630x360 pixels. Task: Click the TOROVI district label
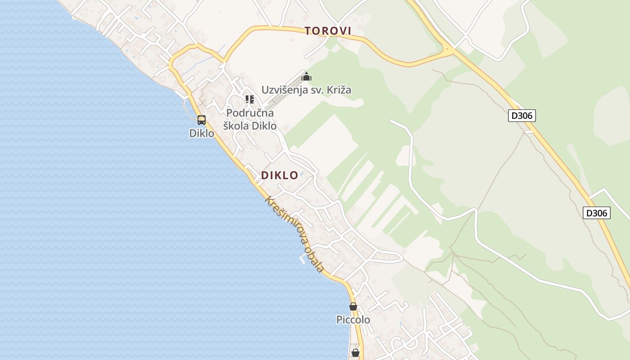[x=327, y=31]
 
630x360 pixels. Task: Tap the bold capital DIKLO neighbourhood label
[x=279, y=175]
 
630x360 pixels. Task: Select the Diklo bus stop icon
[x=202, y=120]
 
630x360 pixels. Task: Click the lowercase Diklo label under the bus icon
[x=202, y=133]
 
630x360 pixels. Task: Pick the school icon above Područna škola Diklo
[x=250, y=99]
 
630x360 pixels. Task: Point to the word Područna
[x=250, y=113]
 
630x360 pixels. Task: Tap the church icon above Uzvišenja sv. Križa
[x=306, y=77]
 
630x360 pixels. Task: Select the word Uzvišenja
[x=285, y=90]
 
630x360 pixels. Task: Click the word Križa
[x=338, y=90]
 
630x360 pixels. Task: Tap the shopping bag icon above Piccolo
[x=353, y=306]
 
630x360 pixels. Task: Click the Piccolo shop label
[x=353, y=320]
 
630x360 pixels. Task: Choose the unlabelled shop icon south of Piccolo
[x=355, y=352]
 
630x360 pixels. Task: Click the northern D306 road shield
[x=522, y=116]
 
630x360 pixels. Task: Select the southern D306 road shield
[x=597, y=213]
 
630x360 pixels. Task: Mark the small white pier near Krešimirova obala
[x=302, y=260]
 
